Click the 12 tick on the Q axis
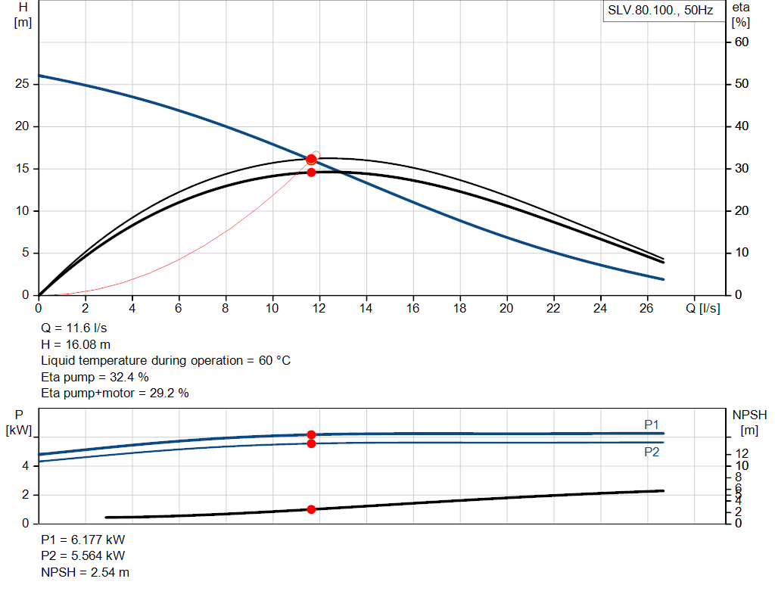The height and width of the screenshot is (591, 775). [319, 308]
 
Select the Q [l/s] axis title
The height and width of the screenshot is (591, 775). [703, 308]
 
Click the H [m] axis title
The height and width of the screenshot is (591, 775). [23, 14]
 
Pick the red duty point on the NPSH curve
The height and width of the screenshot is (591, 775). [311, 509]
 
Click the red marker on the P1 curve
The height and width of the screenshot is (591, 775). [311, 434]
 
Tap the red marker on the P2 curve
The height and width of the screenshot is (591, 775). [311, 443]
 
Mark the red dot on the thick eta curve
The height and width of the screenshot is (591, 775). [311, 173]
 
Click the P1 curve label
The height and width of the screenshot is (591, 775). [652, 425]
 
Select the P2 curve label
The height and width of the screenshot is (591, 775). [652, 452]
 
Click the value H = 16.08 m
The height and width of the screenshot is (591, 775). [76, 344]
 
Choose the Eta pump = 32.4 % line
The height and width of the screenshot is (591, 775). [95, 377]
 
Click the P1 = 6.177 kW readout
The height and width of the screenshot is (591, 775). [82, 541]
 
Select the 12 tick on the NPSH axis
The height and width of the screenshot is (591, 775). [742, 453]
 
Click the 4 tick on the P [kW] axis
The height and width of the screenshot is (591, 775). [25, 466]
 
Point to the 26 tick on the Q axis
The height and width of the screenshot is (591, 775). [646, 308]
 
